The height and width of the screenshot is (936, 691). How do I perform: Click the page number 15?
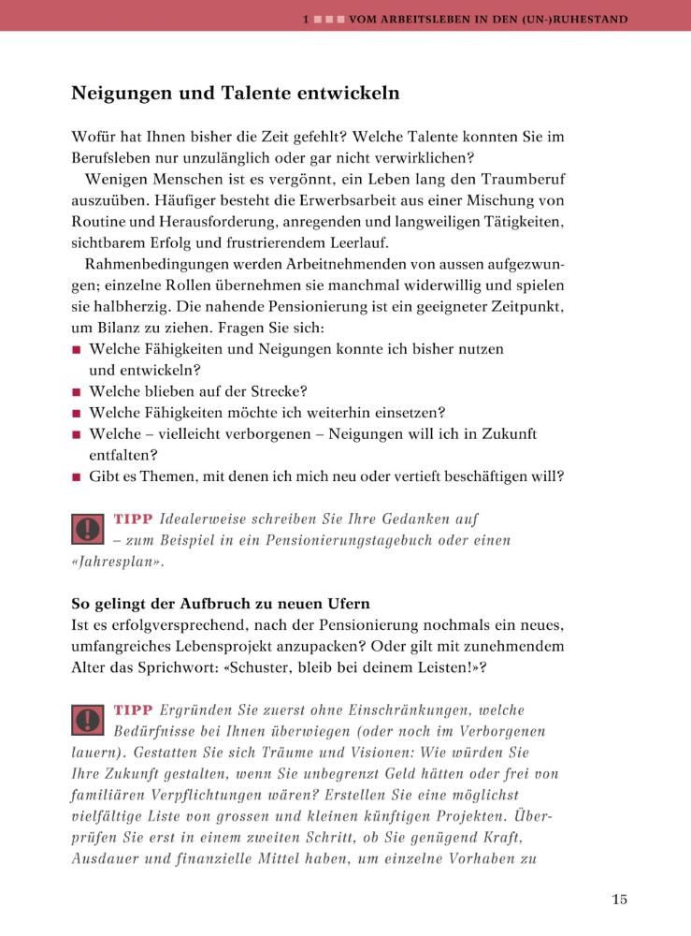pyautogui.click(x=619, y=899)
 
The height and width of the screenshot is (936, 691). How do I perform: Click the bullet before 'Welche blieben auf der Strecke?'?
pyautogui.click(x=77, y=392)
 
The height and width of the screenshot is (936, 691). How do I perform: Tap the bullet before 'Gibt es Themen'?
pyautogui.click(x=77, y=477)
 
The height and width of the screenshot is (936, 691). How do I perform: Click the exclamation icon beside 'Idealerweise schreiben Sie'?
pyautogui.click(x=87, y=529)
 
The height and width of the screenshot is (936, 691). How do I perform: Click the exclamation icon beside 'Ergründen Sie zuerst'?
pyautogui.click(x=87, y=719)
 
